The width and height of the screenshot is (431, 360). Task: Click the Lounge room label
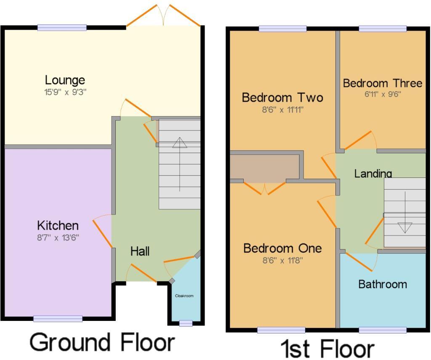[65, 80]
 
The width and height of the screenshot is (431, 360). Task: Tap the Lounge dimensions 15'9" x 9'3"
[65, 92]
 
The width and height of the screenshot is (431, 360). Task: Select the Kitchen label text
[58, 225]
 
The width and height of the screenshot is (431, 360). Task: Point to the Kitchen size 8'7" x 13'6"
[58, 238]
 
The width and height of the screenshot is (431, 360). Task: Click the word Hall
[140, 251]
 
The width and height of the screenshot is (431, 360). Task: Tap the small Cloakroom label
[184, 296]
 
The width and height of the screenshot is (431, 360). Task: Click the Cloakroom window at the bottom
[186, 323]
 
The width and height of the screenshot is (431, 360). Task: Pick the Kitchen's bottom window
[58, 318]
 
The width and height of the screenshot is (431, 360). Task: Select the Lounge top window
[62, 27]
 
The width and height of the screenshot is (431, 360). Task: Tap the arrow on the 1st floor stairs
[405, 212]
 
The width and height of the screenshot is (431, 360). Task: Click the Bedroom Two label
[282, 98]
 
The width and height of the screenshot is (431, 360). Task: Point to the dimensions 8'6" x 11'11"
[282, 110]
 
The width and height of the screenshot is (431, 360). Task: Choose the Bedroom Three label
[382, 83]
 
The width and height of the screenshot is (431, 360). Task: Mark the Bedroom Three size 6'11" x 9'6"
[383, 94]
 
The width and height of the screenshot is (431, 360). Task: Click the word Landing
[373, 173]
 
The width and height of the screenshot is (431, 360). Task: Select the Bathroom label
[383, 284]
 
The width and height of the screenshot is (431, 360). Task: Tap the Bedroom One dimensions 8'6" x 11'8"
[282, 260]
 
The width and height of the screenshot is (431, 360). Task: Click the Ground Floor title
[102, 342]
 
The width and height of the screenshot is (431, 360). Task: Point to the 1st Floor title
[328, 349]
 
